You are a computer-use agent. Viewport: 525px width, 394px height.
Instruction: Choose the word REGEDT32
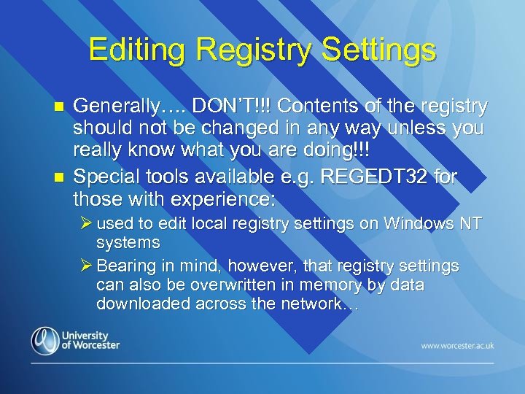point(379,177)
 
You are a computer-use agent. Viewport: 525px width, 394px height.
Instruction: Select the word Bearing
point(128,266)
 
